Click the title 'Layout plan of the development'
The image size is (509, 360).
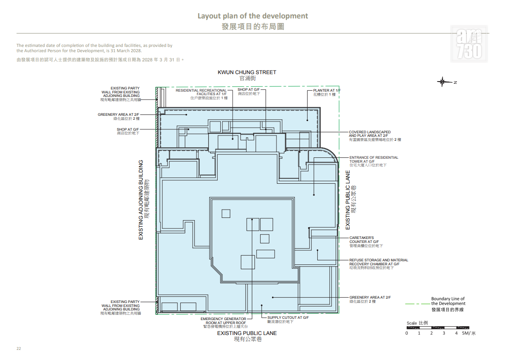point(253,16)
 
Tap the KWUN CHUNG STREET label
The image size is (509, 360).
point(247,72)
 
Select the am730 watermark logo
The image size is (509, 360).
point(470,44)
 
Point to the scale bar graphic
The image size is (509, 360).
point(437,328)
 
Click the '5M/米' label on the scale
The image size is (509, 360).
point(469,333)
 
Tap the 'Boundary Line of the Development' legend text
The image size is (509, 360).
point(448,301)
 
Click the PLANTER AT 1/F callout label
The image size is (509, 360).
point(327,90)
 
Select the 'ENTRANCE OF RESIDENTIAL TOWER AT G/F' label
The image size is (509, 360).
point(374,160)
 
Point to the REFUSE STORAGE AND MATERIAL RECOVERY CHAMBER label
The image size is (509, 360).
point(379,262)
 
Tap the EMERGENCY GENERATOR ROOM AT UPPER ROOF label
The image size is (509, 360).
point(223,321)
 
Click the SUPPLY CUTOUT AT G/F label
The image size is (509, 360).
point(288,317)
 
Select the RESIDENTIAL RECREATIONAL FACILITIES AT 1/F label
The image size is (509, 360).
point(201,92)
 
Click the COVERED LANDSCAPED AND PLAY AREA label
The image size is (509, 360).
point(370,134)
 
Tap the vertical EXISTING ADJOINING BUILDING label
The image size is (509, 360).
point(141,200)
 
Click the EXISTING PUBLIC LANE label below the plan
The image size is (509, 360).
point(247,333)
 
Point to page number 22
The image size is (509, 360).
point(19,349)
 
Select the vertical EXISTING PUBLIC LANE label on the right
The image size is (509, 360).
point(348,200)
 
